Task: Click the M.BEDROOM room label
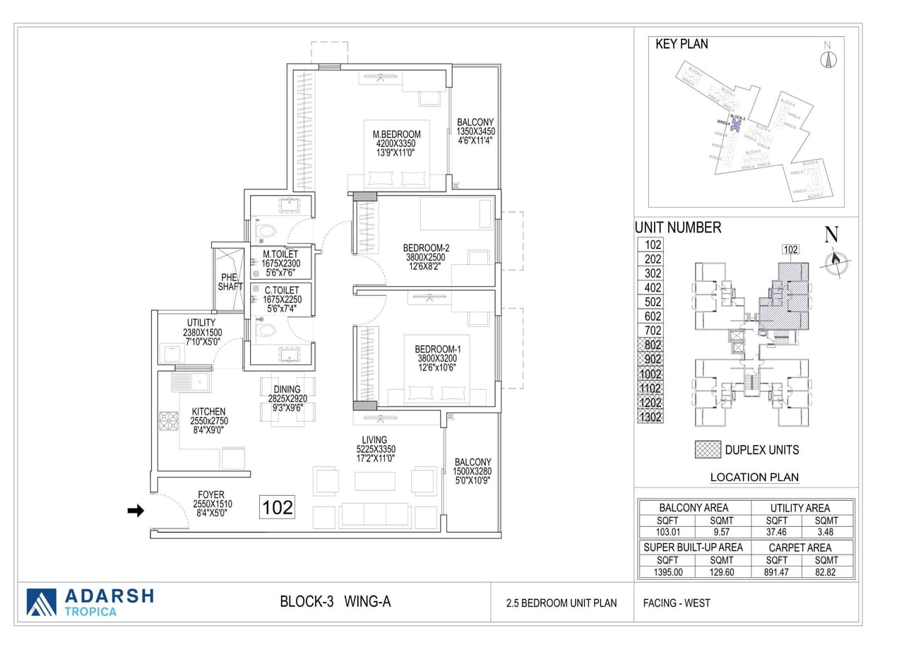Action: tap(396, 134)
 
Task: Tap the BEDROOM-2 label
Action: tap(427, 248)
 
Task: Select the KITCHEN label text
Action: tap(208, 412)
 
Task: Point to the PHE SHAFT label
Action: tap(230, 282)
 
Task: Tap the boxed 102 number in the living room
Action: tap(278, 507)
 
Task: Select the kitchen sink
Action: tap(189, 383)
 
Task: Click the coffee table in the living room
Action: tap(374, 481)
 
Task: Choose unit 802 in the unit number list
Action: tap(650, 345)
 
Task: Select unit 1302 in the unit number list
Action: tap(650, 417)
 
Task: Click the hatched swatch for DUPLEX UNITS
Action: tap(708, 450)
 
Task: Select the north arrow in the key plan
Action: tap(828, 57)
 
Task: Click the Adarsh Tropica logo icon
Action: tap(41, 602)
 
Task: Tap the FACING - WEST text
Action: tap(676, 603)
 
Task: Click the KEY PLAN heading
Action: tap(682, 45)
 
